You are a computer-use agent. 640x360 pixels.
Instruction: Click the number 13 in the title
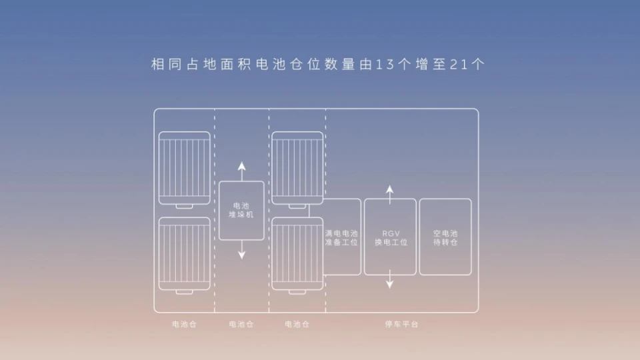[385, 65]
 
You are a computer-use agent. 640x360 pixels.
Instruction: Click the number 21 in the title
[459, 65]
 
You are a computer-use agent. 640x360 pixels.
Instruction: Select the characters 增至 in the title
[430, 65]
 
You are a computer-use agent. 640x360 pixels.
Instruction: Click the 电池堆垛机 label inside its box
[241, 210]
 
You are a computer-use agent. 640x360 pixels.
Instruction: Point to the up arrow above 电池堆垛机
[241, 171]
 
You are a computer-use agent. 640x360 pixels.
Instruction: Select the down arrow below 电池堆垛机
[241, 249]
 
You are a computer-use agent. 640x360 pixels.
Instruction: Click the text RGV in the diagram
[391, 233]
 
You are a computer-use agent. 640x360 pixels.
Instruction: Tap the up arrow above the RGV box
[390, 195]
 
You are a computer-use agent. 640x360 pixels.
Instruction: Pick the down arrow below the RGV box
[390, 279]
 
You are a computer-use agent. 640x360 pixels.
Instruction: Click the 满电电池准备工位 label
[341, 237]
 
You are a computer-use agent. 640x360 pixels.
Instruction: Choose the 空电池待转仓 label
[445, 237]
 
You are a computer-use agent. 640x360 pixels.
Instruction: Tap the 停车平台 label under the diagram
[401, 324]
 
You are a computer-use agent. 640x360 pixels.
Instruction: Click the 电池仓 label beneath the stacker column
[241, 324]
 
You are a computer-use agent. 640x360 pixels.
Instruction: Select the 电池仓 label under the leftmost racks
[185, 324]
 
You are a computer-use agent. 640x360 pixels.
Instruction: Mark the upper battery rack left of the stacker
[185, 170]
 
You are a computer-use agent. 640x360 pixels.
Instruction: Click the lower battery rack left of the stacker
[185, 255]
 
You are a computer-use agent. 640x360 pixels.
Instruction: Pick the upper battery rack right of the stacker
[297, 170]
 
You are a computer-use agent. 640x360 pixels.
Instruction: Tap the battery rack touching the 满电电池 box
[297, 255]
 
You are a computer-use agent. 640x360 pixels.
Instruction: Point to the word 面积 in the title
[236, 65]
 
